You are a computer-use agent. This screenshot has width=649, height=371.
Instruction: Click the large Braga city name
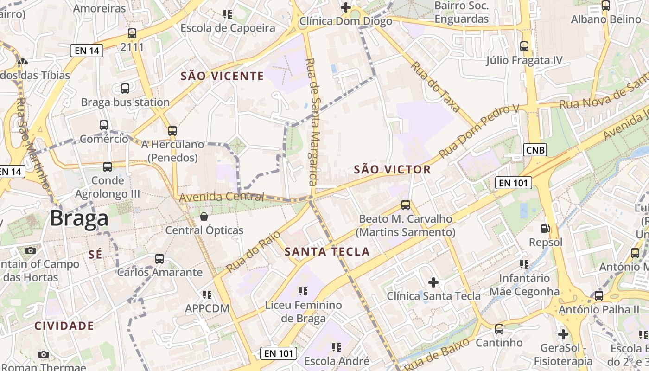[79, 218]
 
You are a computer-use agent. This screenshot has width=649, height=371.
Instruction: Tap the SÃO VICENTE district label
[222, 76]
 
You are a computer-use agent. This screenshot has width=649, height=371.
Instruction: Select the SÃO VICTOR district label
[392, 170]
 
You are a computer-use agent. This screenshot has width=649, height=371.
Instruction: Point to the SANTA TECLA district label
[327, 252]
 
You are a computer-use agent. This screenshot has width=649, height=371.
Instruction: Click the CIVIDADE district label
[64, 326]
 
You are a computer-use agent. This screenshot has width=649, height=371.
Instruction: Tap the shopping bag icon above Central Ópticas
[204, 216]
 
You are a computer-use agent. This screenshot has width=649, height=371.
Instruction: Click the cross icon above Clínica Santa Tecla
[433, 282]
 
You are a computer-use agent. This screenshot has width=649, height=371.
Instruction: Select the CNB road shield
[535, 150]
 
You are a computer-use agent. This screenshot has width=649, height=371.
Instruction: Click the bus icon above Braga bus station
[125, 88]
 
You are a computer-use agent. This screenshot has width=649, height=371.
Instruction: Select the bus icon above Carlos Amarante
[159, 258]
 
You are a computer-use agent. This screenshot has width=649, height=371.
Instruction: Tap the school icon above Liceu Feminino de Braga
[303, 291]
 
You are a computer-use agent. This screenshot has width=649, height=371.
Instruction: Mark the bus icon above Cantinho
[499, 329]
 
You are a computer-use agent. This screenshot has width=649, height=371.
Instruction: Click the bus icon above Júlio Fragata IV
[524, 46]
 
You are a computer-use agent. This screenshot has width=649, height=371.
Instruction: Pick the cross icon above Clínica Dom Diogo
[345, 7]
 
